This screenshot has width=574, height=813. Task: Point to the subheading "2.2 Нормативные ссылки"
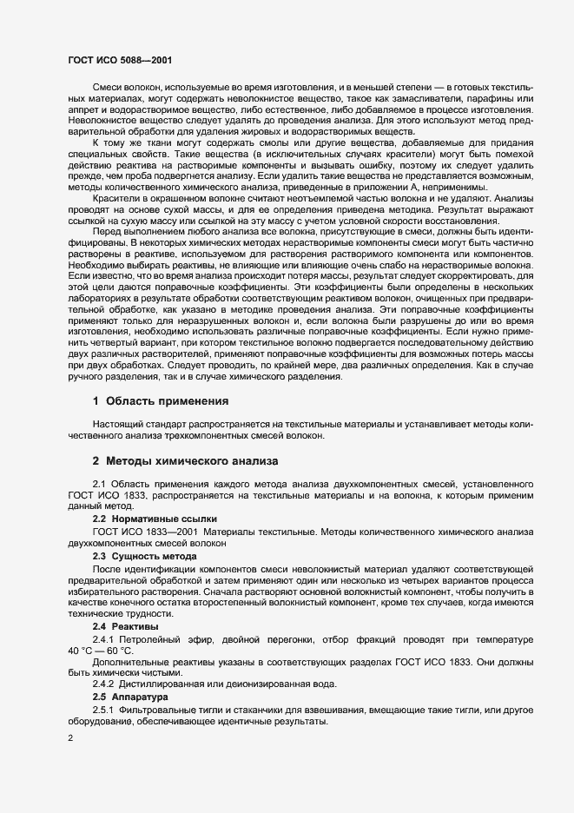(x=143, y=518)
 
